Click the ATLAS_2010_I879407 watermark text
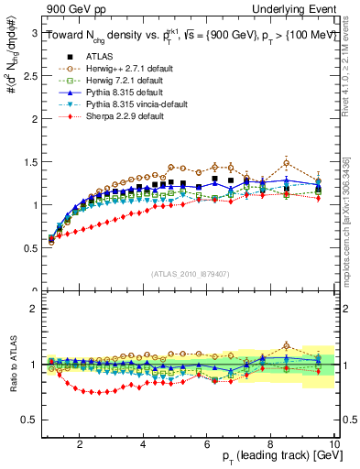[190, 274]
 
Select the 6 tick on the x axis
[207, 444]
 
